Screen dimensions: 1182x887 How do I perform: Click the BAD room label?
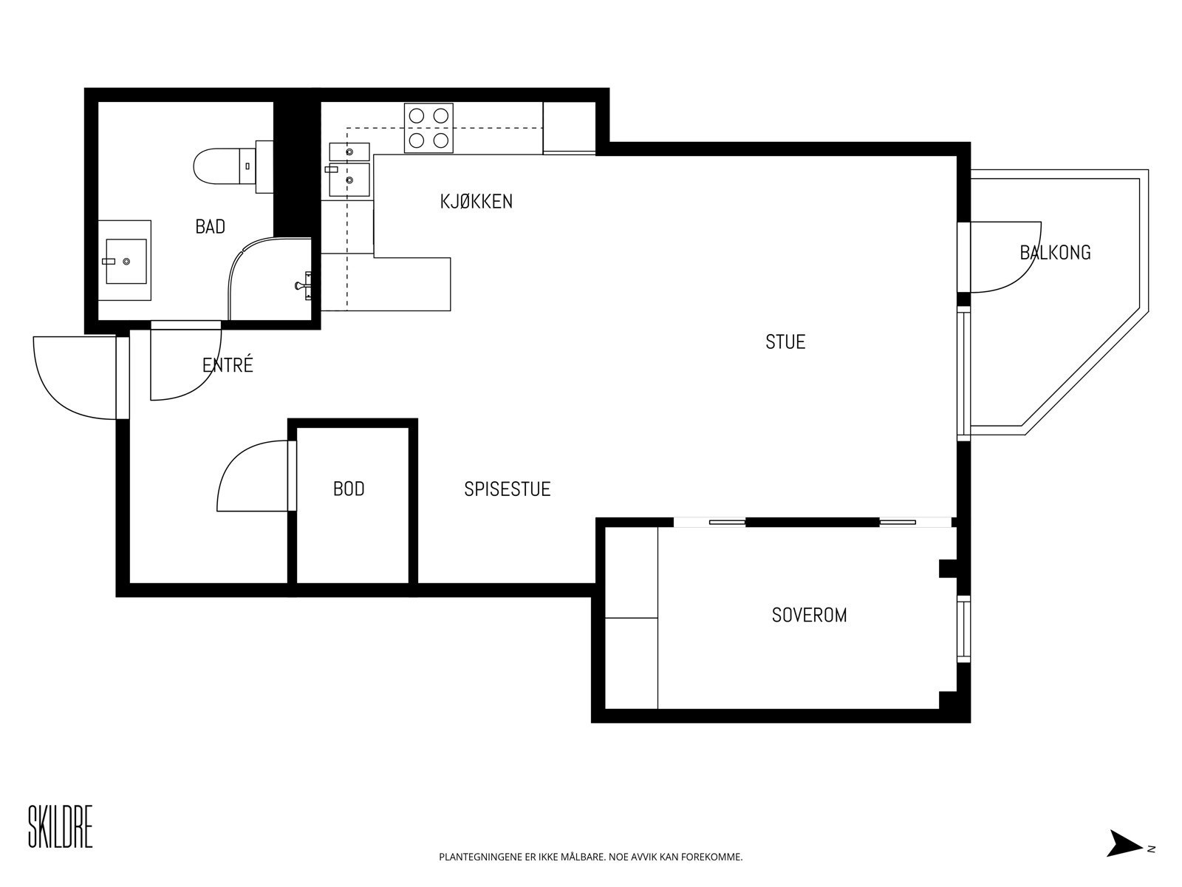point(210,227)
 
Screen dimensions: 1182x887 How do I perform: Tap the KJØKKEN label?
point(476,201)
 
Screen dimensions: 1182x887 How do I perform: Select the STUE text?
point(785,342)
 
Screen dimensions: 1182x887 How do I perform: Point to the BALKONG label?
point(1055,253)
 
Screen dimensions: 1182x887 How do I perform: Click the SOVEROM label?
point(809,615)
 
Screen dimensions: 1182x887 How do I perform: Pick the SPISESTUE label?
point(508,489)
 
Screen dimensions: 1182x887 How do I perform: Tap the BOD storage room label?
point(349,489)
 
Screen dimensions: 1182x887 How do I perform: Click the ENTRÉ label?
point(228,364)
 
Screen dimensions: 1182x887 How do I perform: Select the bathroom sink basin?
point(126,261)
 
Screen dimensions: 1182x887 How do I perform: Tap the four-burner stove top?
point(428,128)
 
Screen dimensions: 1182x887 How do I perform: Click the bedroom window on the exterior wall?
point(963,629)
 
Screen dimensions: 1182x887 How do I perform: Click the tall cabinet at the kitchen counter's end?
point(569,127)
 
